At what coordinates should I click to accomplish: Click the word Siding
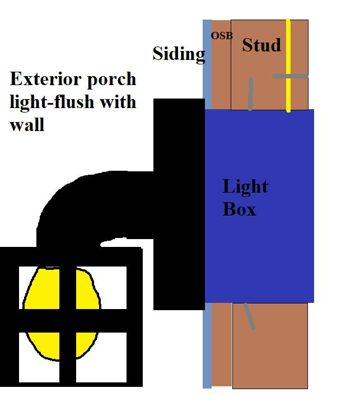click(x=179, y=54)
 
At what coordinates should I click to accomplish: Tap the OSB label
click(x=222, y=36)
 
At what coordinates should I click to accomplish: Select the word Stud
click(x=261, y=45)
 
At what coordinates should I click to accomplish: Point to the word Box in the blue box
click(x=239, y=209)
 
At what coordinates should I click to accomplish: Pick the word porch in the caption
click(x=111, y=80)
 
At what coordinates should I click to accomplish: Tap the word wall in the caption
click(x=27, y=124)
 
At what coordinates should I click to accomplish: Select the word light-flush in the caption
click(x=50, y=102)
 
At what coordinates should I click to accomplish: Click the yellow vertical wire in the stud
click(x=288, y=66)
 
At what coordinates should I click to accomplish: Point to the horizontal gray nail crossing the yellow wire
click(x=290, y=76)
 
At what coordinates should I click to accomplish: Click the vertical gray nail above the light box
click(x=250, y=94)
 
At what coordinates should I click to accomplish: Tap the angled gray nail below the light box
click(x=249, y=316)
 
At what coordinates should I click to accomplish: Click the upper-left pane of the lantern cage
click(x=39, y=288)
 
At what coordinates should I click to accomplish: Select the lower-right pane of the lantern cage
click(x=101, y=357)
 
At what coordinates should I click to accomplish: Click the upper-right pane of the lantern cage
click(x=101, y=288)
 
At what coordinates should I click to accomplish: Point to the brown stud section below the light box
click(x=270, y=345)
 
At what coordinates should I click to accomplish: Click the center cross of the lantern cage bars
click(x=68, y=321)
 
